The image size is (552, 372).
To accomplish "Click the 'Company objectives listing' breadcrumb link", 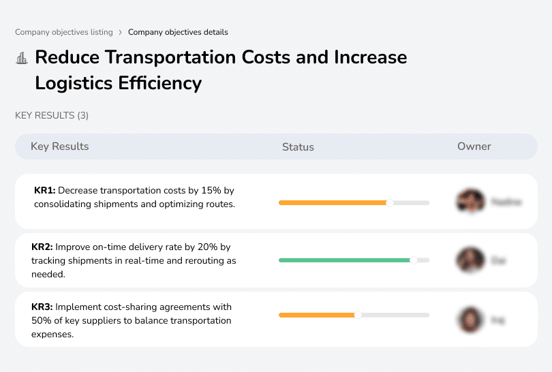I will [64, 32].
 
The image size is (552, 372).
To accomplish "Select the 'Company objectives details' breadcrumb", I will [178, 32].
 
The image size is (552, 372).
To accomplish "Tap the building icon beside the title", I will [22, 58].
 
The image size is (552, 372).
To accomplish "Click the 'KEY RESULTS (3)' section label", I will [52, 116].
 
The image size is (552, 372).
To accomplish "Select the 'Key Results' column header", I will [59, 146].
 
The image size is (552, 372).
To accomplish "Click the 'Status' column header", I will [298, 146].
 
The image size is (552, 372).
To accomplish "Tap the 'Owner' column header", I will [474, 146].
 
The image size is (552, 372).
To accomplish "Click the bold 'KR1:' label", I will [44, 191].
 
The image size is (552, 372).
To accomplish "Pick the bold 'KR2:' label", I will [42, 248].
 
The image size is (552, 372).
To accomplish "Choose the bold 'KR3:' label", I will [42, 307].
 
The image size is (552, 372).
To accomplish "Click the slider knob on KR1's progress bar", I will [390, 202].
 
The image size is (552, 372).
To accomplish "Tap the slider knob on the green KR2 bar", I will [413, 260].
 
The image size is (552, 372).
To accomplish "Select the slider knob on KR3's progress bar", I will [358, 315].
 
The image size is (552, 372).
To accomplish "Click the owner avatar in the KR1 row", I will [470, 202].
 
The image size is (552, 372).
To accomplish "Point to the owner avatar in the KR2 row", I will [470, 260].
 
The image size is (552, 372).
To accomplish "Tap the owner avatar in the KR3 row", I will [470, 319].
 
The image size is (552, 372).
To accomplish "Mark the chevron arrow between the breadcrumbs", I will [121, 32].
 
